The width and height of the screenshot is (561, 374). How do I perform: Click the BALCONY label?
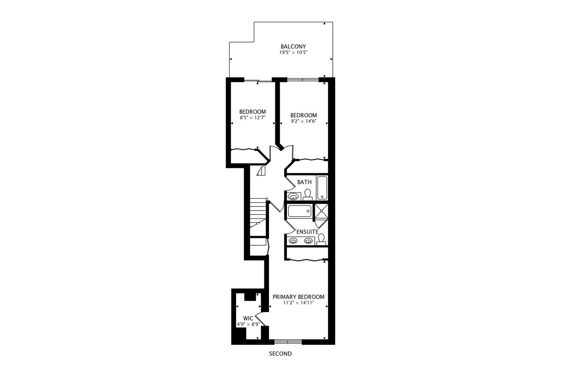pos(293,46)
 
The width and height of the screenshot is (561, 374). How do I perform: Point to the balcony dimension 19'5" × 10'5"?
pos(293,53)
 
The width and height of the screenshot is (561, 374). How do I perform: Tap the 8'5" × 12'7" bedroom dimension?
pos(252,118)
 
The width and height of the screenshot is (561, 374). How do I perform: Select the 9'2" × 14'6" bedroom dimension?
pos(303,121)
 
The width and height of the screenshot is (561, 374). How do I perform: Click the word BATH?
pos(304,182)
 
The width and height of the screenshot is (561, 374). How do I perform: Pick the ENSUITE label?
pos(307,232)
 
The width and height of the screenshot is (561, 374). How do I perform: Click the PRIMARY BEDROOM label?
pos(298,297)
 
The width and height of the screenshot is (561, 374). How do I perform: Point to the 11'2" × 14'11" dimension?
pos(298,303)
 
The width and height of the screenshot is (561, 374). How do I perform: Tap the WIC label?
pos(248,318)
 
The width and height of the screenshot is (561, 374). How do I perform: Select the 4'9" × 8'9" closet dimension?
pos(248,324)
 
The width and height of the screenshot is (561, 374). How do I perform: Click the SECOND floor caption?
pos(280,354)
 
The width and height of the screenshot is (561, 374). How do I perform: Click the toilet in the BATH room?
pos(308,194)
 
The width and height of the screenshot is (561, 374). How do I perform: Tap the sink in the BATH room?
pos(293,197)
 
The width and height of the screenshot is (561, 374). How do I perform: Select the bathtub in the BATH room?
pos(322,188)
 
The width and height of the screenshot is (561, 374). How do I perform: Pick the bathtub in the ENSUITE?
pos(300,211)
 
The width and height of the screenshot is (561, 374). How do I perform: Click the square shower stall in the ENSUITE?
pos(321,212)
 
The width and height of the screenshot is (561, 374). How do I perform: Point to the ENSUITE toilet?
pos(321,239)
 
